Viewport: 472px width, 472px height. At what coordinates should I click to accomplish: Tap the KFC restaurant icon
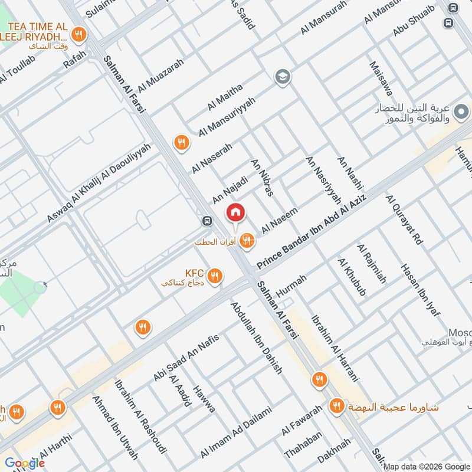[x=215, y=275]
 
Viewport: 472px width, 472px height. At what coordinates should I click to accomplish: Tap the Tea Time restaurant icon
[x=78, y=33]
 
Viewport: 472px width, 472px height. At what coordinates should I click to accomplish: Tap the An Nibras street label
[x=263, y=177]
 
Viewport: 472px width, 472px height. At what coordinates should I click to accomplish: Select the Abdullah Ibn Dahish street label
[x=257, y=337]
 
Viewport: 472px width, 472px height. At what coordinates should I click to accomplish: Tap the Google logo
[x=25, y=463]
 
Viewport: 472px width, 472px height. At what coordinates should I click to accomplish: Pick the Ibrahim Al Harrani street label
[x=334, y=348]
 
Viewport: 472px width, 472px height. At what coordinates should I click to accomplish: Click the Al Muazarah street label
[x=160, y=78]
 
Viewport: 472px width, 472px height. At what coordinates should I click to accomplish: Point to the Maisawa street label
[x=381, y=78]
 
